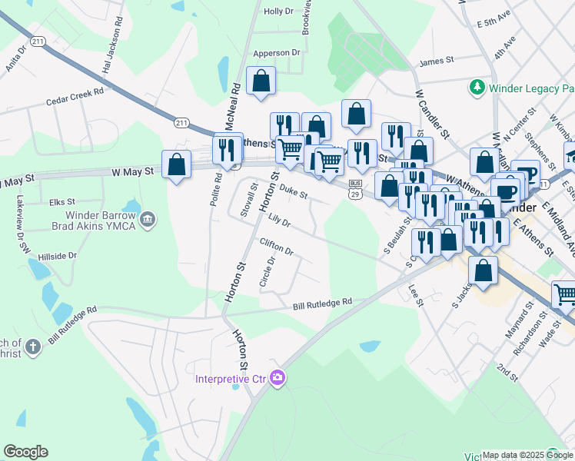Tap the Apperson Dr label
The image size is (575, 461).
[x=276, y=53]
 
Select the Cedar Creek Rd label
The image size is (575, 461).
[x=75, y=96]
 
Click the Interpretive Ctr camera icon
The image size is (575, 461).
[x=278, y=378]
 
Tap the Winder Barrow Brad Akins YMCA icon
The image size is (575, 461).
[x=149, y=221]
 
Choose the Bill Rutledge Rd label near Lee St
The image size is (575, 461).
[x=322, y=304]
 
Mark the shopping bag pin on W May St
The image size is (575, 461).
[x=177, y=164]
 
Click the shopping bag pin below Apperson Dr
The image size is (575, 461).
[x=261, y=81]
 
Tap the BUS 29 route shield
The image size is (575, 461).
[x=355, y=188]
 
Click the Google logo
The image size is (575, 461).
[x=25, y=452]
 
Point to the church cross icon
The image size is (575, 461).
[x=32, y=347]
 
